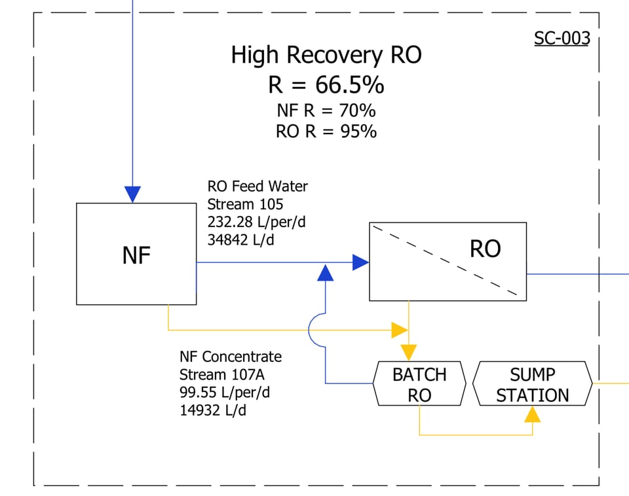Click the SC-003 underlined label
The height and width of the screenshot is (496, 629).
562,38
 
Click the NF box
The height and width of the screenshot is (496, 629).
136,254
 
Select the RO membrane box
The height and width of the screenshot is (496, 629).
448,261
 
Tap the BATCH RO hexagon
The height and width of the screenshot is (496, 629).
419,384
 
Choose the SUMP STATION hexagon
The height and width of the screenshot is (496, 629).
532,384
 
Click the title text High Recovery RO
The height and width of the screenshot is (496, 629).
326,55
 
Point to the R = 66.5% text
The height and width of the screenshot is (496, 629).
326,85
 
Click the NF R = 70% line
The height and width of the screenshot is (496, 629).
326,110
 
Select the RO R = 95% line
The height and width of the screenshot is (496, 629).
326,131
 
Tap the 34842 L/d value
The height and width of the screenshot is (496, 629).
240,240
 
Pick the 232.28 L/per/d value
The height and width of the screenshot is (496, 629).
256,222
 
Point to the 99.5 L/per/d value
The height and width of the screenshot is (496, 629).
225,393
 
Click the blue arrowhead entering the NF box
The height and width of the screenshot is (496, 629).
132,194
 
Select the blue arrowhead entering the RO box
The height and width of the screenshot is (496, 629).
360,262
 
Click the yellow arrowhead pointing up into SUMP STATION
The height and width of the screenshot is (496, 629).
533,414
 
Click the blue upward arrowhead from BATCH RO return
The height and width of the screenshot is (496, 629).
325,273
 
